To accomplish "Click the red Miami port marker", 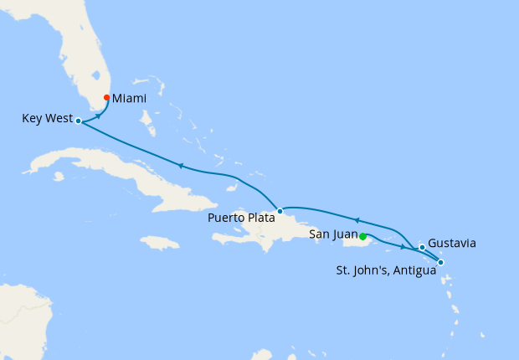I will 106,98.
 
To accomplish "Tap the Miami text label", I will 130,99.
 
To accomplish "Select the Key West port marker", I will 78,121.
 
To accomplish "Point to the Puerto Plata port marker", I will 280,211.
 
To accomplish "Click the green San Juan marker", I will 363,235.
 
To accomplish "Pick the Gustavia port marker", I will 422,247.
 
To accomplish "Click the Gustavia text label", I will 452,244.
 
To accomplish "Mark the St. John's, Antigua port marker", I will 441,263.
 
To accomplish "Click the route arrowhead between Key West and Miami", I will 100,116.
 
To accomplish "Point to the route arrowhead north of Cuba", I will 180,166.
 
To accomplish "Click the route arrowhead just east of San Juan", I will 403,247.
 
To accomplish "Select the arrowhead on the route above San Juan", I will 357,221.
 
